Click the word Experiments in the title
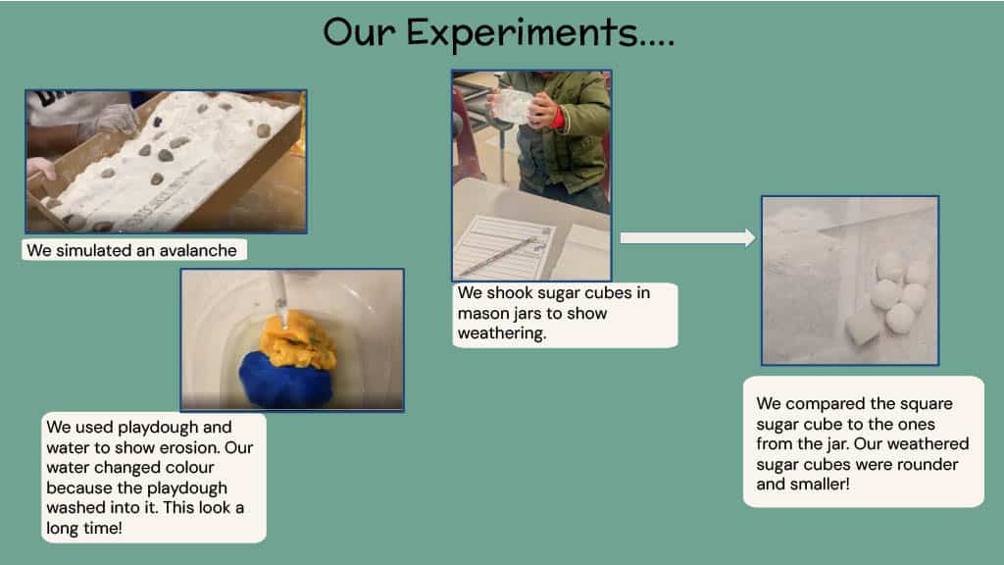click(522, 33)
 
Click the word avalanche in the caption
click(197, 250)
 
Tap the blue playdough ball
click(286, 380)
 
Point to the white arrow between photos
click(687, 237)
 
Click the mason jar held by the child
click(514, 105)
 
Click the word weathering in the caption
click(502, 334)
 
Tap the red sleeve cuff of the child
click(560, 118)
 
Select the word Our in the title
click(359, 33)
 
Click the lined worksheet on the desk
click(504, 246)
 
